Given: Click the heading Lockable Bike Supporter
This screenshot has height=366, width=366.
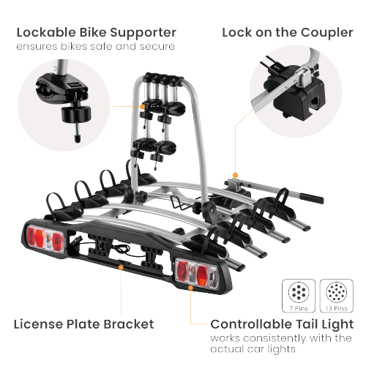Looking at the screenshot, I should [x=96, y=32].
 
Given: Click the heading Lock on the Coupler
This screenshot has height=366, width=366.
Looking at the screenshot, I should [x=288, y=32].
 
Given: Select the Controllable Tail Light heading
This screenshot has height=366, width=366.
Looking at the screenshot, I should [x=282, y=324].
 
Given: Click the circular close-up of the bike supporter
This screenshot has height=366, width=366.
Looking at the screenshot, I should [x=64, y=100].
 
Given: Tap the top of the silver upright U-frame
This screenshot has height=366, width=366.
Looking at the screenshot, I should [x=168, y=73].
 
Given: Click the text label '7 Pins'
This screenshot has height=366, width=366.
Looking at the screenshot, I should [x=299, y=309].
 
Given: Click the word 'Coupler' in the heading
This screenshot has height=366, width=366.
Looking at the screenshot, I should [x=326, y=32].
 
